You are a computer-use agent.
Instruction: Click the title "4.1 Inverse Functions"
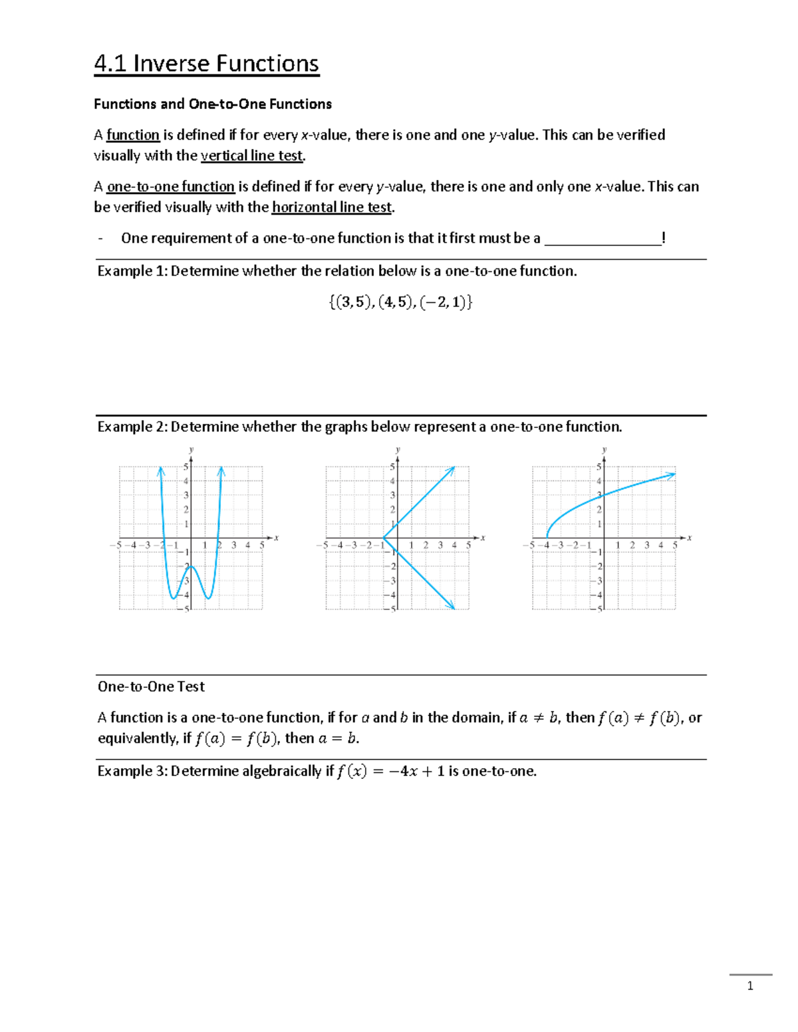206,64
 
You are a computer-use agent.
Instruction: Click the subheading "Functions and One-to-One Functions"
213,104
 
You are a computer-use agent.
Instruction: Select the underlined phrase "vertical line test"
252,155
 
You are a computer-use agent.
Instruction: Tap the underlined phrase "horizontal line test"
332,207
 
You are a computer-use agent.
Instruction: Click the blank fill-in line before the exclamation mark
602,239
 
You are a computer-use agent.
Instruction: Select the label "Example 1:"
132,271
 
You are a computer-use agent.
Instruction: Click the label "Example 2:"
132,427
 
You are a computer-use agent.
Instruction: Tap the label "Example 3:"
132,771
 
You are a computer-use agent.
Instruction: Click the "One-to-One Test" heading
151,686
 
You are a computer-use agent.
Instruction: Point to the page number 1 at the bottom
750,986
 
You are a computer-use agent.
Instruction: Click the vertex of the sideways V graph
383,538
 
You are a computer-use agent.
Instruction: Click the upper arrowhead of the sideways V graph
454,468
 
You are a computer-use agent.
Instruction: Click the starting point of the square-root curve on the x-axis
547,537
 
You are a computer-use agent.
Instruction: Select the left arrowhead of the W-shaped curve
160,470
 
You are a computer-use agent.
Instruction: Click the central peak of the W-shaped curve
191,566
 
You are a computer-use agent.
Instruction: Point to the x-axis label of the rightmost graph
690,538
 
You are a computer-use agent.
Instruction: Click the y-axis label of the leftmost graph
192,450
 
